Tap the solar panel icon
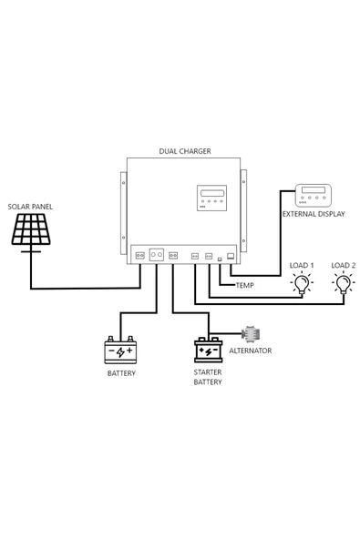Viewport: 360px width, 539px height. click(32, 231)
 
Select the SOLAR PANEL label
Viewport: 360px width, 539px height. click(30, 207)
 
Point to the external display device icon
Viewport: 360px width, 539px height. click(314, 197)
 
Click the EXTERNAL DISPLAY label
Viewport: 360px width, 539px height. click(314, 217)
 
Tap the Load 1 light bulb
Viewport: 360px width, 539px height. click(301, 283)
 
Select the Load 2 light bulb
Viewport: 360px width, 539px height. click(343, 283)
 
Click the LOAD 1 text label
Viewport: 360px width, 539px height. click(302, 265)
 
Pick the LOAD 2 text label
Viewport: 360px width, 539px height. click(343, 265)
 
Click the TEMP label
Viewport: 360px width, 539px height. click(245, 285)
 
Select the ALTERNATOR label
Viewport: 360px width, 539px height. click(250, 351)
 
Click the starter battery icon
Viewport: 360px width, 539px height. click(209, 351)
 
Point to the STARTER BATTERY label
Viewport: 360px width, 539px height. click(208, 377)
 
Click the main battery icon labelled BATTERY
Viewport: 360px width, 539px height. click(120, 351)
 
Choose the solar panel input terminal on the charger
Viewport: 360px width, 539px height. click(140, 257)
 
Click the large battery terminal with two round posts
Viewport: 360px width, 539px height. click(157, 257)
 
